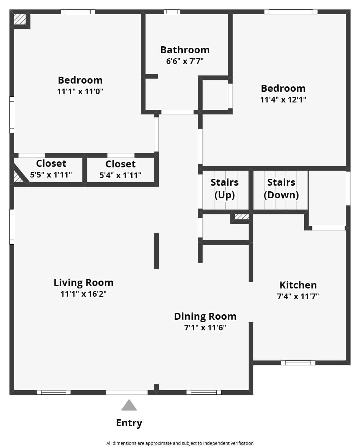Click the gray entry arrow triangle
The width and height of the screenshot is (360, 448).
point(129,406)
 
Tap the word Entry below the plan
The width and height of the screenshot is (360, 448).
point(129,423)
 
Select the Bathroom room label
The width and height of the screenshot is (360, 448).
point(185,50)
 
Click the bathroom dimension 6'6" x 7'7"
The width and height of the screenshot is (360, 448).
point(185,61)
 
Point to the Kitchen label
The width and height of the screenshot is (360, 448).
point(298,285)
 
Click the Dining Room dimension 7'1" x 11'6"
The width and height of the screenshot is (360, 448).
point(205,328)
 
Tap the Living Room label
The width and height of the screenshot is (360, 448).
point(83,282)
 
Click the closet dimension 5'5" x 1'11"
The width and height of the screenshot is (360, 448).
point(51,175)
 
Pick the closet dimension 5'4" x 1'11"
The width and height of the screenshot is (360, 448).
point(120,175)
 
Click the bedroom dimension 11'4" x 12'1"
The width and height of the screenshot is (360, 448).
point(283,100)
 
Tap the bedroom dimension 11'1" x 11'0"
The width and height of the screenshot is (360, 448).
point(80,91)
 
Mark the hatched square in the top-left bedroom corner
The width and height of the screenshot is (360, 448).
point(20,19)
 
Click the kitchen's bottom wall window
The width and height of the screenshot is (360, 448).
point(298,363)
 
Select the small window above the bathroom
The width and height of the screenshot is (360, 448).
point(172,12)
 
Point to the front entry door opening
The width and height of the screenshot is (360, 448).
point(127,393)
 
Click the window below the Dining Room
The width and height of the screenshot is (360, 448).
point(204,393)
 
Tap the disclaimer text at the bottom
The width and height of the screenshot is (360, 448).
point(180,443)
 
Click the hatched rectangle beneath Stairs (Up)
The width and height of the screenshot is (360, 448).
point(242,217)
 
